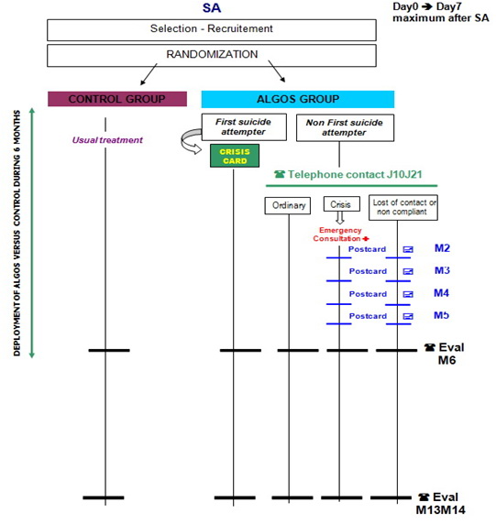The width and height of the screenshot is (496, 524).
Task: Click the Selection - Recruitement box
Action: point(212,29)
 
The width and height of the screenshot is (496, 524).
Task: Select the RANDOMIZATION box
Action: point(212,56)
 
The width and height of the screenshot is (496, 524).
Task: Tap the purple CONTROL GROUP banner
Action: point(117,99)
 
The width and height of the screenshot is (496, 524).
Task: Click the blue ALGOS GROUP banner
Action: point(298,99)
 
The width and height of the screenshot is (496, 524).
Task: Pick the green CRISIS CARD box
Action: point(235,156)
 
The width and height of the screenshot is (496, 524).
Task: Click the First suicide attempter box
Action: point(244,127)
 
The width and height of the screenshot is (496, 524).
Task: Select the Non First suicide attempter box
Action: point(345,127)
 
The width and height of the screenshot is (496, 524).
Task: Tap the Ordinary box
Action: point(288,205)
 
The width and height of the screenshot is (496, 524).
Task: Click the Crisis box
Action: point(341,204)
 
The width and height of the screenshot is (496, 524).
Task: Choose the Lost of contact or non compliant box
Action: point(403,208)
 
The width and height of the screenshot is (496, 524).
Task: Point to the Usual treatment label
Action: point(107,139)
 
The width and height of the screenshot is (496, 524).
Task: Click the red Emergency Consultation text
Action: point(340,235)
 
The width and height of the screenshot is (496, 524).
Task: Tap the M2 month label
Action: point(442,248)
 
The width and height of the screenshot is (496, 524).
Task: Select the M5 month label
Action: point(442,315)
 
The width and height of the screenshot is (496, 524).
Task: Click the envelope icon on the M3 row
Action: point(408,271)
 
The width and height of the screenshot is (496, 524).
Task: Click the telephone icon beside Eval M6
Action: point(430,347)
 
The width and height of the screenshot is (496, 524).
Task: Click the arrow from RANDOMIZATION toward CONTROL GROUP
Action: point(149,74)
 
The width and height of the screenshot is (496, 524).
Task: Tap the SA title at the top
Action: point(212,8)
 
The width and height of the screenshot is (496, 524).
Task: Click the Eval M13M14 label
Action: point(439,503)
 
